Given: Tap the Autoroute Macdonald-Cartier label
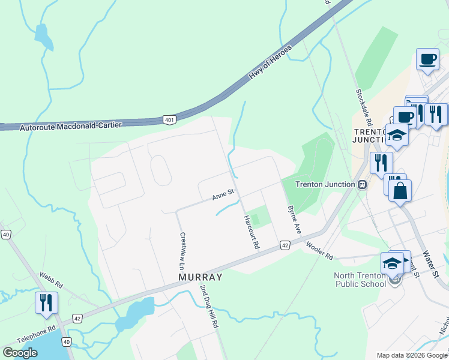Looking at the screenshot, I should coord(71,126).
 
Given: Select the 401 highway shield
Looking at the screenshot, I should coord(170,120).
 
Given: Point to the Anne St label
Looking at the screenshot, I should coord(223,195).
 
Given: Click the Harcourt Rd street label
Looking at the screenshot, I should coord(251,232).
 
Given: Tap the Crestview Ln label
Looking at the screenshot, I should coord(182,250).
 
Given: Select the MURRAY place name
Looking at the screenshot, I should coord(200,277).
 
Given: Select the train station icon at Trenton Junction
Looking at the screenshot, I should coord(362,184).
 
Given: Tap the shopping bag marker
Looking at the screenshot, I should coord(400,191).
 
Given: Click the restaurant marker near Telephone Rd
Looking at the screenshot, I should coord(46,302).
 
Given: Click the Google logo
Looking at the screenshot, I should coord(20,353).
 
